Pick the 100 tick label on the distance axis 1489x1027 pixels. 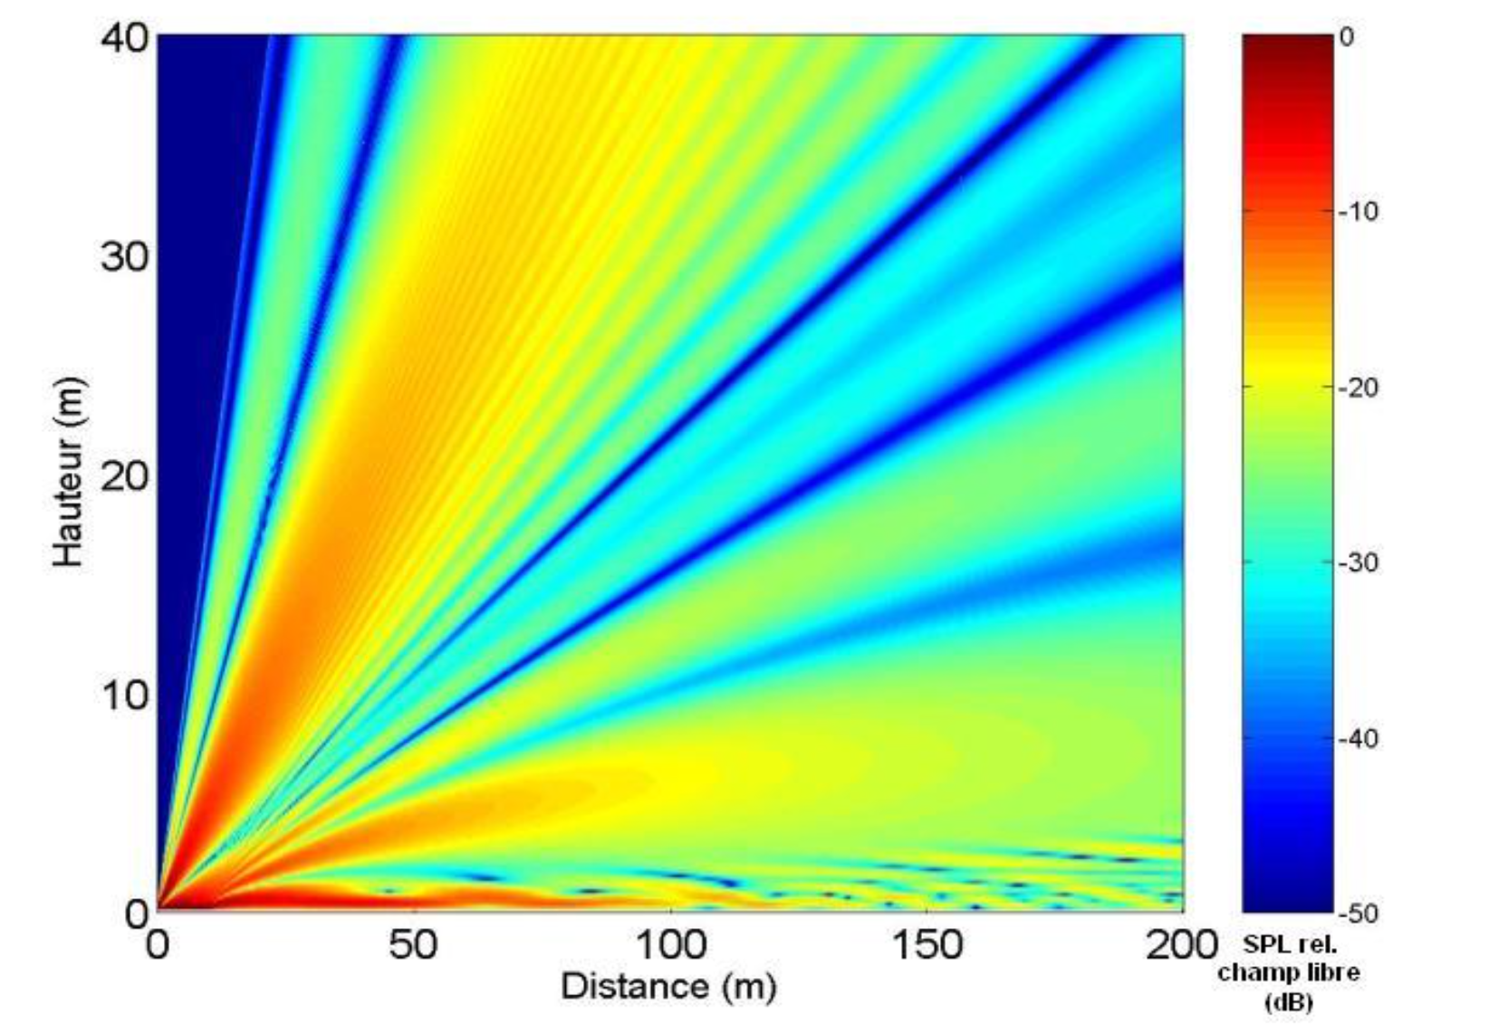point(670,945)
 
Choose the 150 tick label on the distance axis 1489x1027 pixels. point(927,945)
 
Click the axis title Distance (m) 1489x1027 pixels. point(668,985)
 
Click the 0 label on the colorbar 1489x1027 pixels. point(1346,37)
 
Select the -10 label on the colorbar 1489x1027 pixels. point(1357,212)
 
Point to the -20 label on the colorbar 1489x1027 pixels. point(1357,388)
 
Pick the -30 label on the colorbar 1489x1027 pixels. point(1357,562)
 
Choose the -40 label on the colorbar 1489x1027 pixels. point(1357,738)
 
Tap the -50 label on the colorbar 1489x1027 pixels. point(1357,913)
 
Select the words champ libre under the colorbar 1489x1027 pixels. point(1288,973)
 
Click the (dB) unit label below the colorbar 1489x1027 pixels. point(1287,1002)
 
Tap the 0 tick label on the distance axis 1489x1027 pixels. point(159,945)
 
